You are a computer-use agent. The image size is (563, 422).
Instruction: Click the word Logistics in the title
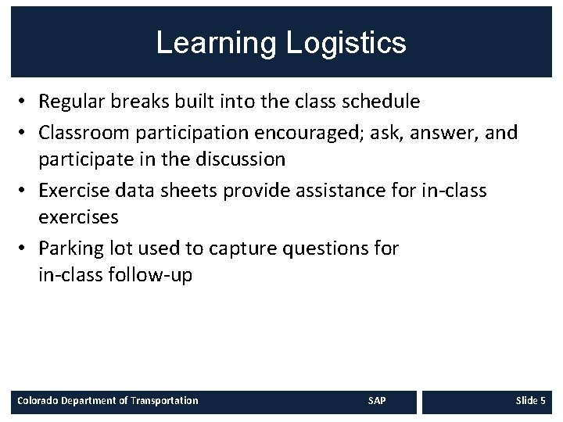(x=346, y=43)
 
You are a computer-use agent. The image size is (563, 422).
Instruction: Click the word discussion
(x=240, y=159)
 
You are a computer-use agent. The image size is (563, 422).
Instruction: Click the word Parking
(x=68, y=249)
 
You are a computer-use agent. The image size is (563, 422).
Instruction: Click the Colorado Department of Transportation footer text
(x=108, y=401)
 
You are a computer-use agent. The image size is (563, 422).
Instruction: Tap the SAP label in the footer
(x=377, y=401)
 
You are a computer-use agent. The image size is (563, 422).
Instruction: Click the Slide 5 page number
(x=530, y=401)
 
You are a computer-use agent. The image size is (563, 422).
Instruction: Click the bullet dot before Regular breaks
(x=26, y=102)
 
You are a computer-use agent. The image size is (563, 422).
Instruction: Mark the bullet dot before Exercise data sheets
(x=26, y=191)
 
